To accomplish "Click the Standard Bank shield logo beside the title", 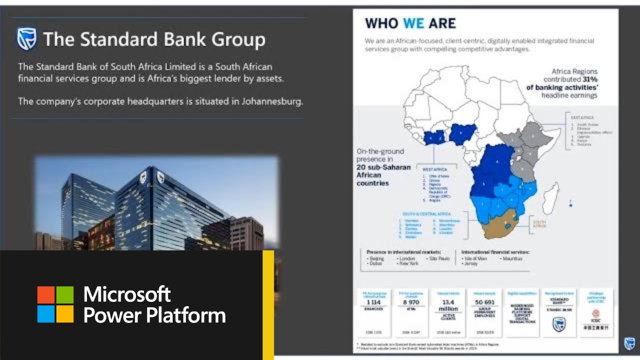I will (27, 39).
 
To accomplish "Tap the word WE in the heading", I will (413, 23).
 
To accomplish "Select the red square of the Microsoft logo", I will (46, 294).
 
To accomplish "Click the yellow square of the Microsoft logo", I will (65, 314).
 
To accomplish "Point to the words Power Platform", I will (154, 315).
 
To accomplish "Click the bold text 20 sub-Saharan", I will (380, 167).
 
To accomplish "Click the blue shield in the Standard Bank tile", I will (558, 324).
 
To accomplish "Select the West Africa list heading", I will (434, 169).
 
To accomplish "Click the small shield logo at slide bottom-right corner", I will (629, 343).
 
